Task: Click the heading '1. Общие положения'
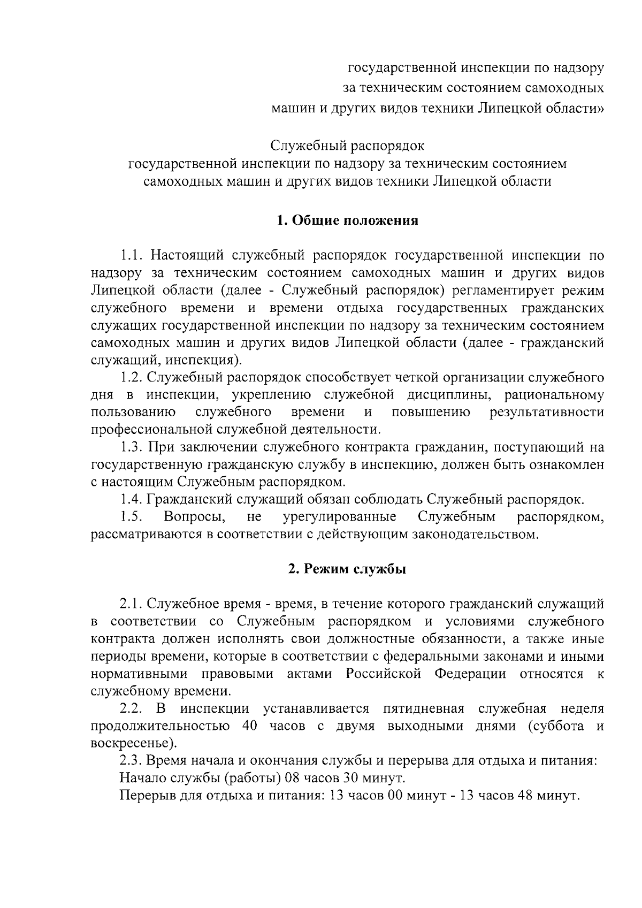coord(347,220)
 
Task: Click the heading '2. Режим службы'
coord(347,569)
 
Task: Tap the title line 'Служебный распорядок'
coord(347,146)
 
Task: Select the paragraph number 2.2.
coord(131,709)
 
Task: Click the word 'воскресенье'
coord(132,744)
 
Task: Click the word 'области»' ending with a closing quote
coord(577,108)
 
